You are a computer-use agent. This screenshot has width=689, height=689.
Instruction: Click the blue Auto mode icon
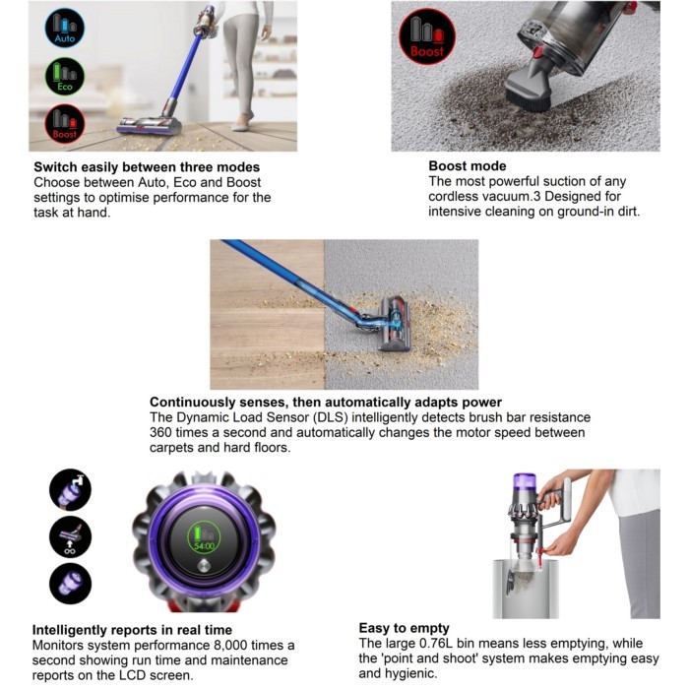(x=65, y=29)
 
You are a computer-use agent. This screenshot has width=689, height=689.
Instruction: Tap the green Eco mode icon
(x=65, y=77)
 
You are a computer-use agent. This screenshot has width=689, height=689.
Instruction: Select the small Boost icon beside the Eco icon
(x=65, y=124)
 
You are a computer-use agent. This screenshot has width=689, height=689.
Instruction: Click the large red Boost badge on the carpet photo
(x=427, y=37)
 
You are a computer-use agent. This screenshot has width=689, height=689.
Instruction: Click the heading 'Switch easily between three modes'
(x=147, y=167)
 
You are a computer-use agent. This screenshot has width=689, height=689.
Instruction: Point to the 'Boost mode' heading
(x=468, y=165)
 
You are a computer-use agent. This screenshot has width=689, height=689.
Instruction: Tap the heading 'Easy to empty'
(x=404, y=628)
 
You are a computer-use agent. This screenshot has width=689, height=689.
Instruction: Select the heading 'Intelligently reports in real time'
(x=132, y=630)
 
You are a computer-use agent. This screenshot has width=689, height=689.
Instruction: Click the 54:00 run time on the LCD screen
(x=205, y=546)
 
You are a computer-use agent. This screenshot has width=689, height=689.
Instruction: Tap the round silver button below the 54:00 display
(x=204, y=566)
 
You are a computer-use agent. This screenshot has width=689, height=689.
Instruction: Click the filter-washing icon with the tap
(x=70, y=490)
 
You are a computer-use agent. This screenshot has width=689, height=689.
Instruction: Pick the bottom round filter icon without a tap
(x=70, y=584)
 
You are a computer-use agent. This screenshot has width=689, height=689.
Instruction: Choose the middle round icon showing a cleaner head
(x=70, y=537)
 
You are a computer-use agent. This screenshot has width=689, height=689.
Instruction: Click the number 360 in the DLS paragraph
(x=160, y=432)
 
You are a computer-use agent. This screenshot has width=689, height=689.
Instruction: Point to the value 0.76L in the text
(x=436, y=644)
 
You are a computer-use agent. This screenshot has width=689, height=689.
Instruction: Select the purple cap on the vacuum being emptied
(x=525, y=481)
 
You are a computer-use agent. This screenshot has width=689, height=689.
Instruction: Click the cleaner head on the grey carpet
(x=396, y=323)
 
